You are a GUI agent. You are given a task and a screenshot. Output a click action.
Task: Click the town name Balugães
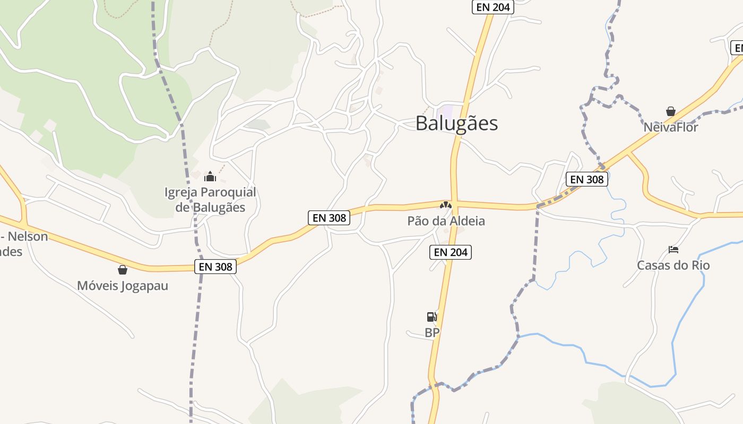coord(456,123)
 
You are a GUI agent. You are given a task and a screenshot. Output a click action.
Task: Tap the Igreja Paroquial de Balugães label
coord(210,199)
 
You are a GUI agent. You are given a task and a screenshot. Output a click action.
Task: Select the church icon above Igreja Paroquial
coord(210,176)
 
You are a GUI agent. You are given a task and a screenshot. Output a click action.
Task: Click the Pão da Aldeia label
coord(446,221)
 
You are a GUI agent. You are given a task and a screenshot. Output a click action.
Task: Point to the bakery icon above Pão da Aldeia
coord(446,205)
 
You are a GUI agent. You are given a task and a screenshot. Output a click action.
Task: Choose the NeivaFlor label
coord(671,128)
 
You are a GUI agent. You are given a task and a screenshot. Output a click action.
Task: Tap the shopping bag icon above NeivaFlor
coord(671,111)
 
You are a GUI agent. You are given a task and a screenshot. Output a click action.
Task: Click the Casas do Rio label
coord(673,266)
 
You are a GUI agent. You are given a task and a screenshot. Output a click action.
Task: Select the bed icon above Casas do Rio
coord(673,249)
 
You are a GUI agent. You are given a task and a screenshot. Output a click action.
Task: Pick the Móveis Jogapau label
coord(123,286)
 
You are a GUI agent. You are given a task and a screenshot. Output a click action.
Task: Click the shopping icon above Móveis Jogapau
coord(123,270)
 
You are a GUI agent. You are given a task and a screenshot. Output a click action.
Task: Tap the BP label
coord(432,333)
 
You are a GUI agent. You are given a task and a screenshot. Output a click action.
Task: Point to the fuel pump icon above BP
coord(432,317)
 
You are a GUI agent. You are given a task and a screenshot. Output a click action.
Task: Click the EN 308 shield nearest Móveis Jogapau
coord(216,267)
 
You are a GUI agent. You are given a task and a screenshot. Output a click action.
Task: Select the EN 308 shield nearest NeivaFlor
coord(586,179)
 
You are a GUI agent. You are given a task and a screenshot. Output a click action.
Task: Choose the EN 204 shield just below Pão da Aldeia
coord(451,252)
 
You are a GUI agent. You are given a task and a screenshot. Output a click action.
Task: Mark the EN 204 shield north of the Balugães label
coord(493,7)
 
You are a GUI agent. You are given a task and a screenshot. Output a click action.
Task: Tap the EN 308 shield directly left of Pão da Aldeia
coord(329,217)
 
